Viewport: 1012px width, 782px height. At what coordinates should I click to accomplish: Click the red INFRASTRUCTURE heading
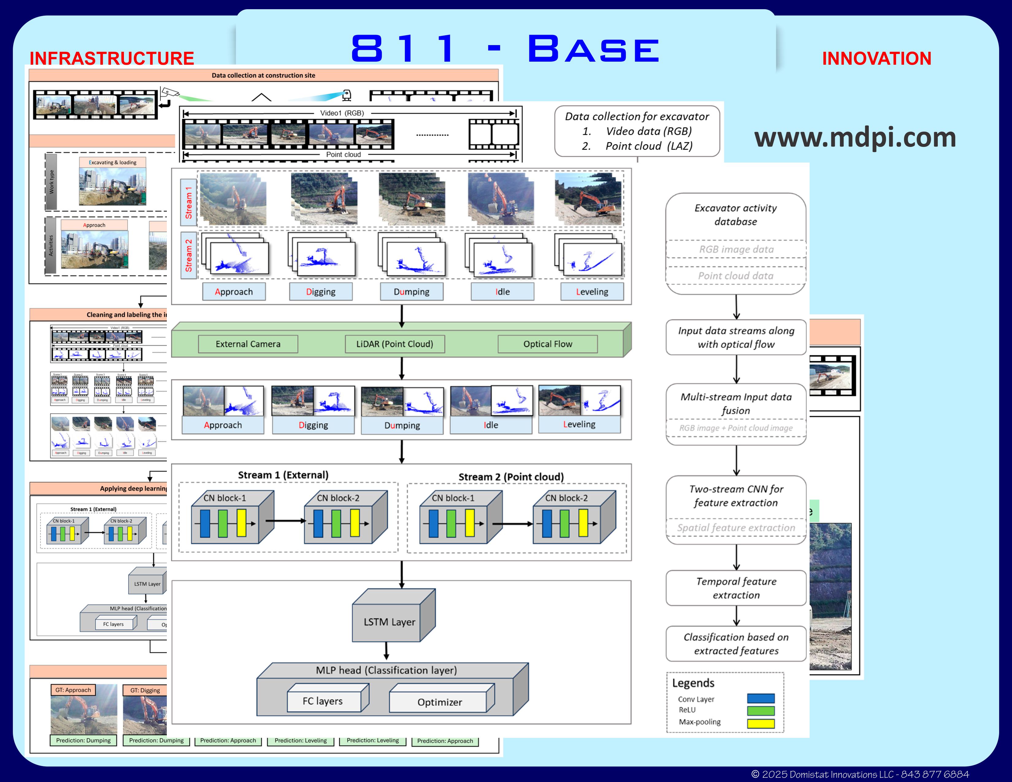tap(112, 58)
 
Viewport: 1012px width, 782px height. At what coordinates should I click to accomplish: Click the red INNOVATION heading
tap(876, 58)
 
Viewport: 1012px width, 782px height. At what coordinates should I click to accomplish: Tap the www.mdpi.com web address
tap(855, 138)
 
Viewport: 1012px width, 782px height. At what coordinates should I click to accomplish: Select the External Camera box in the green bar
tap(248, 344)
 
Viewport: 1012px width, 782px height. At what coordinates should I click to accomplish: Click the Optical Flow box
tap(548, 344)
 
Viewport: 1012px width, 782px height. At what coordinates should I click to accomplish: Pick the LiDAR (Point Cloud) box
tap(395, 344)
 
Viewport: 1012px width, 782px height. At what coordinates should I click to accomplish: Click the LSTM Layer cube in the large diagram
tap(389, 621)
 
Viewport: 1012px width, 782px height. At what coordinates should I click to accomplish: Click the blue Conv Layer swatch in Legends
tap(761, 699)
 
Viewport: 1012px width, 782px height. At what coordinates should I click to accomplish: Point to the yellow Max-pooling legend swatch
tap(761, 723)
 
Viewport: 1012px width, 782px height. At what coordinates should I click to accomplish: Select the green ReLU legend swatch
tap(761, 711)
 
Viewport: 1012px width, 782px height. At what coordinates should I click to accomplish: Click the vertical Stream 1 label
tap(189, 202)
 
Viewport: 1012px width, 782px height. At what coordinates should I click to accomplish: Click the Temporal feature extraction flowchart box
tap(736, 588)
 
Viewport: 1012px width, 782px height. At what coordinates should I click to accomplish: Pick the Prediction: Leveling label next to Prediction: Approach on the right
tap(373, 740)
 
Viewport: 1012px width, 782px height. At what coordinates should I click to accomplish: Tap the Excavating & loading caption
tap(113, 163)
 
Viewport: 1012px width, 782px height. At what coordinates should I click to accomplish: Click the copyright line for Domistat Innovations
tap(860, 774)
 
